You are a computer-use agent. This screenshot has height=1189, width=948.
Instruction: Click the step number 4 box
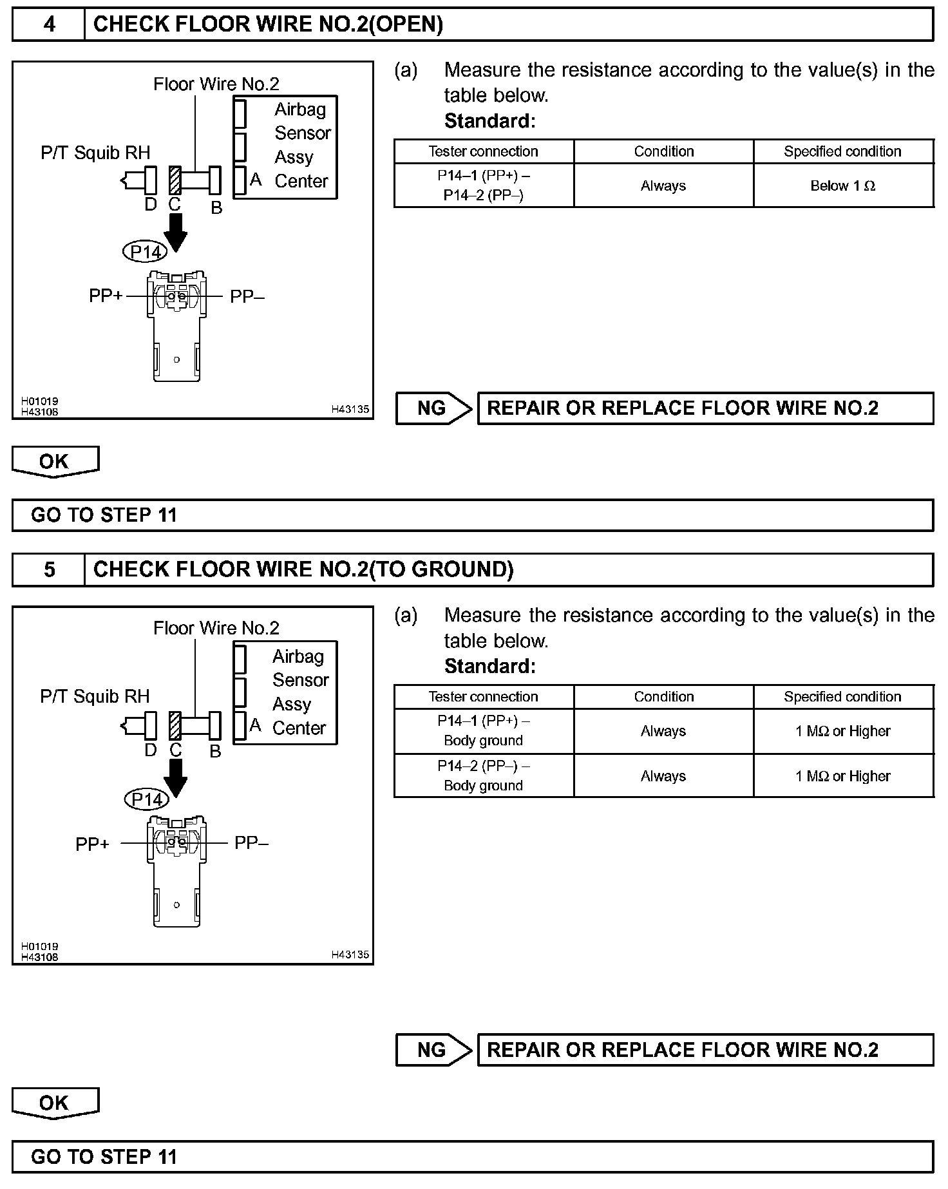click(49, 24)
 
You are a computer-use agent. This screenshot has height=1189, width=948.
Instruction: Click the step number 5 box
click(49, 569)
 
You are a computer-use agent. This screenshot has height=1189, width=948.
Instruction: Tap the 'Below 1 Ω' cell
click(842, 186)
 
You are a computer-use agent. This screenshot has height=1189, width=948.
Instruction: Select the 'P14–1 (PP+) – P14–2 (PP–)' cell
click(483, 185)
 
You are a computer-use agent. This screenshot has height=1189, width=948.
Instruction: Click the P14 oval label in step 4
click(144, 251)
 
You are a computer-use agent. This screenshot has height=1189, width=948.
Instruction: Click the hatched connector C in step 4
click(174, 180)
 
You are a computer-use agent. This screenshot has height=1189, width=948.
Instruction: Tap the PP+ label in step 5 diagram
click(92, 844)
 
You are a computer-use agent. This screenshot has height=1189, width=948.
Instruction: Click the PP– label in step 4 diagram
click(248, 296)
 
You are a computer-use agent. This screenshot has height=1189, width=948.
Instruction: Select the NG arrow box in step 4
click(433, 408)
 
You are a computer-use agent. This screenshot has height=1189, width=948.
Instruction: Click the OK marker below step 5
click(54, 1103)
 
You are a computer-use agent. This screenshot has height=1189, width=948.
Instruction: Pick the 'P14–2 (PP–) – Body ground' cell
click(483, 775)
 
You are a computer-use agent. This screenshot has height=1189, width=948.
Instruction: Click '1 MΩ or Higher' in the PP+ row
click(842, 731)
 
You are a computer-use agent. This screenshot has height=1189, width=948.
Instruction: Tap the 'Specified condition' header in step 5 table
click(842, 696)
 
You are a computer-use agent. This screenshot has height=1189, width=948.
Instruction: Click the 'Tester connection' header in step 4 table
click(483, 151)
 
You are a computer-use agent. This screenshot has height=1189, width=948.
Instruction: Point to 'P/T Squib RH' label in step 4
click(95, 153)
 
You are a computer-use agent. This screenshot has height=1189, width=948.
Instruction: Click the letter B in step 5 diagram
click(216, 752)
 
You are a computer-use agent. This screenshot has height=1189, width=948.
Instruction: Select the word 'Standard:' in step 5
click(489, 666)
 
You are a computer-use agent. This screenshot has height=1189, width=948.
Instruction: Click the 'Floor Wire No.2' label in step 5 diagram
click(216, 628)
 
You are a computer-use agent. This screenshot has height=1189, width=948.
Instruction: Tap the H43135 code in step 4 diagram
click(350, 409)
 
